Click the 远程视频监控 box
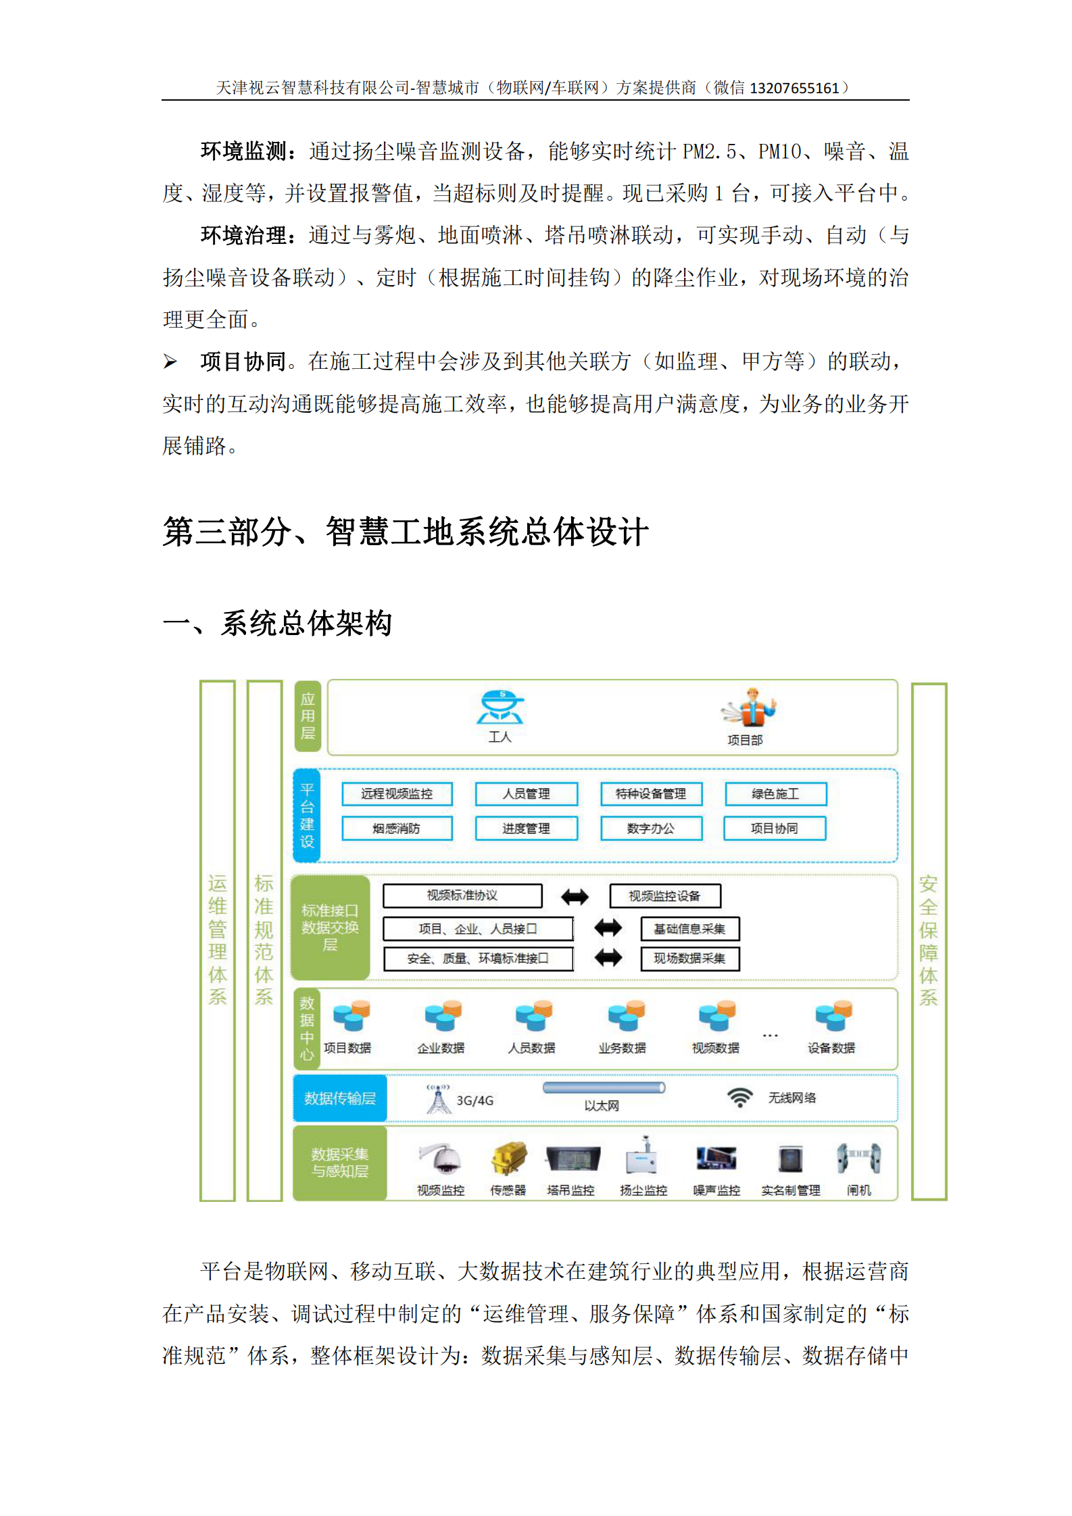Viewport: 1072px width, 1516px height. (397, 794)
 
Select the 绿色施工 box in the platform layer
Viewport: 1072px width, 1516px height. (775, 794)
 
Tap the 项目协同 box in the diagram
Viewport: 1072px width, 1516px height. (775, 828)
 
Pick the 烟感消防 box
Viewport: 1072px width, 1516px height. (397, 828)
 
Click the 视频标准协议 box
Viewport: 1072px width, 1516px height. (462, 896)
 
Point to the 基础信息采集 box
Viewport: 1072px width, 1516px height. (689, 929)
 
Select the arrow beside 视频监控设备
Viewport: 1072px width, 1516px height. (575, 896)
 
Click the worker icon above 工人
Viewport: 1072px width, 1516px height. (501, 708)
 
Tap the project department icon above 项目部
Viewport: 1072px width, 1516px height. (750, 708)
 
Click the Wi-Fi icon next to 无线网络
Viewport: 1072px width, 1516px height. (740, 1097)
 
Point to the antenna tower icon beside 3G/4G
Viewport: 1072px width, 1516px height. (439, 1098)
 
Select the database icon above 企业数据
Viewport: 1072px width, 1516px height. (443, 1016)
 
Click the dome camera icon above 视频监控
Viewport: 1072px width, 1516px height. (441, 1160)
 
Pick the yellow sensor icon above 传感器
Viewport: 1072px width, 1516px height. (508, 1159)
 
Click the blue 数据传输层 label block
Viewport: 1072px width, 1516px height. (340, 1098)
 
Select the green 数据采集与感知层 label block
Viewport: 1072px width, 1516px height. (340, 1163)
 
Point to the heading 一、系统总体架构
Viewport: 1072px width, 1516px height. (278, 623)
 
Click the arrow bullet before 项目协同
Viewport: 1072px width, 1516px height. (170, 362)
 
